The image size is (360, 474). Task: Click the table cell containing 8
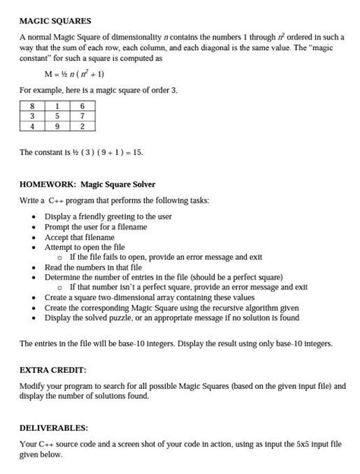click(33, 106)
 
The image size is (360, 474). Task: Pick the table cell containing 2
click(82, 127)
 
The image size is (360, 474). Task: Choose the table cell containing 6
click(82, 106)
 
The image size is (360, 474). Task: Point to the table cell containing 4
click(33, 127)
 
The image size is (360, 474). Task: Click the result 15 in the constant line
click(137, 153)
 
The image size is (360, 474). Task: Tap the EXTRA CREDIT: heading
click(52, 369)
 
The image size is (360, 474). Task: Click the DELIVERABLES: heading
click(54, 428)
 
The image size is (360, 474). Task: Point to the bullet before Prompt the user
click(34, 227)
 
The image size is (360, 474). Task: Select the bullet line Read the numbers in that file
click(93, 267)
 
